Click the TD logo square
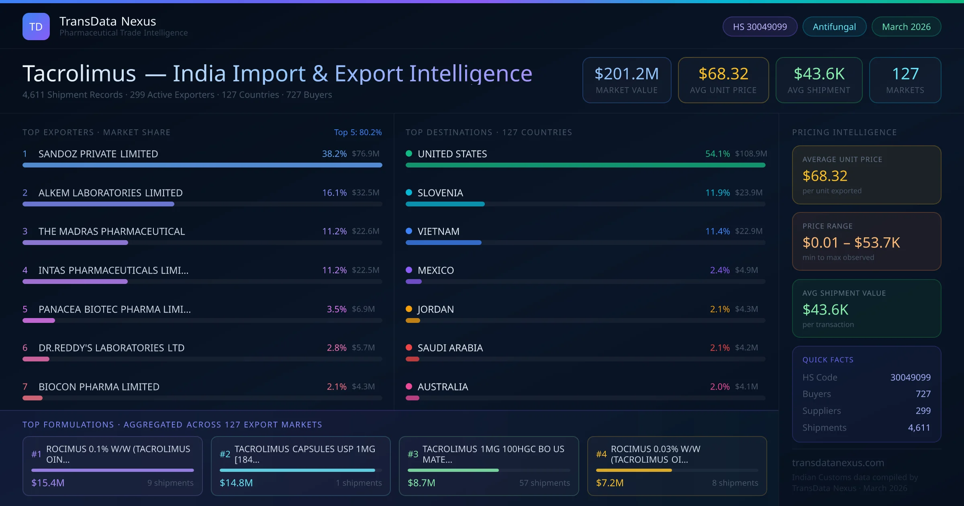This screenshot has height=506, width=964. click(x=36, y=27)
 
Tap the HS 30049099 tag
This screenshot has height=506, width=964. click(x=760, y=27)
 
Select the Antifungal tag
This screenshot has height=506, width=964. click(x=834, y=27)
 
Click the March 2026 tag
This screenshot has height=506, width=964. click(x=906, y=27)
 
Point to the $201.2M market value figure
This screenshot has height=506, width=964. click(x=627, y=74)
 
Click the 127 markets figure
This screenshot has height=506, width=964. click(x=905, y=74)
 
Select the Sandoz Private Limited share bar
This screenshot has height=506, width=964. click(x=202, y=165)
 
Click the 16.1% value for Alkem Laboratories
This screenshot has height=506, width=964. click(x=334, y=193)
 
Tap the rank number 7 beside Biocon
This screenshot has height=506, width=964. click(x=25, y=387)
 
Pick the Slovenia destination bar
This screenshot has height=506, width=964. click(x=445, y=204)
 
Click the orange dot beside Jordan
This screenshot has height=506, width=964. click(x=409, y=309)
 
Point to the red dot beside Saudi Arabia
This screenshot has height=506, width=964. click(x=409, y=347)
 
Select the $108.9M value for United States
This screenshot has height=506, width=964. click(x=751, y=154)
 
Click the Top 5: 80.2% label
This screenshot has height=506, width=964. click(x=357, y=132)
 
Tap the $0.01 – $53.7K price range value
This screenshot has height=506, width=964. click(x=851, y=243)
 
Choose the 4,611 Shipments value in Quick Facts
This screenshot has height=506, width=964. click(x=919, y=428)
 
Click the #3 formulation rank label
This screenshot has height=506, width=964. click(x=413, y=454)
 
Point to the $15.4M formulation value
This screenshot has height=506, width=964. click(x=48, y=483)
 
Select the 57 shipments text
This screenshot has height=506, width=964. click(x=544, y=483)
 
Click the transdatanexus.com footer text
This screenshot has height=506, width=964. click(x=838, y=463)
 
